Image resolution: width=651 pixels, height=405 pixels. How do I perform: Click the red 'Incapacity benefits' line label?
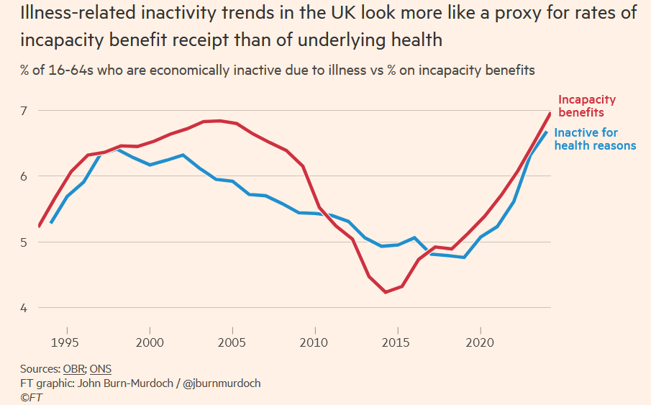(x=587, y=106)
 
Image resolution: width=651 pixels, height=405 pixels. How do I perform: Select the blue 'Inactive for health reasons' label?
(x=595, y=139)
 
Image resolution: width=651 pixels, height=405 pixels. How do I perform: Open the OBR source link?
(x=74, y=369)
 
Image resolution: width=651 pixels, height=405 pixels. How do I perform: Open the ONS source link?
(x=101, y=369)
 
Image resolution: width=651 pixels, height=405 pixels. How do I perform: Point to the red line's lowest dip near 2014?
(x=386, y=292)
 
